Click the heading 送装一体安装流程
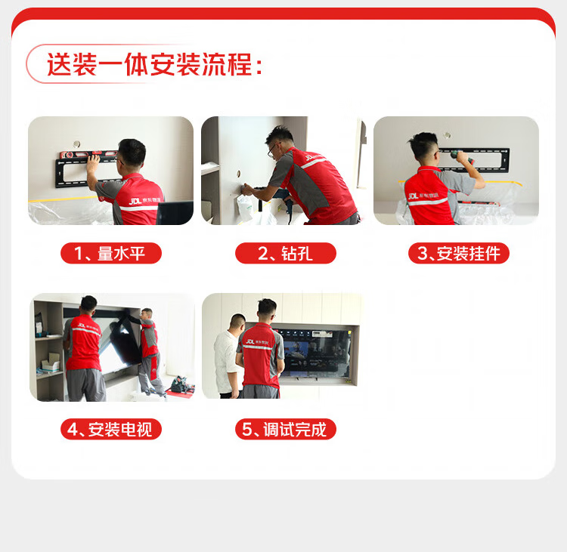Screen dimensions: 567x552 [150, 64]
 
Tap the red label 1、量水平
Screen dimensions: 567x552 [111, 253]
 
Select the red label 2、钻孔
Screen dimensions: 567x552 [286, 253]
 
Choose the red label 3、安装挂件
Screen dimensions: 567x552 [459, 253]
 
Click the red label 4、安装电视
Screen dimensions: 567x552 [111, 429]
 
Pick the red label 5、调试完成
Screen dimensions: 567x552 [286, 429]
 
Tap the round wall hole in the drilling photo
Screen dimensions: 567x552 [239, 174]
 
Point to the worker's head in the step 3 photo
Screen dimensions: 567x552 [424, 146]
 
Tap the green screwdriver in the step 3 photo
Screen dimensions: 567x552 [462, 157]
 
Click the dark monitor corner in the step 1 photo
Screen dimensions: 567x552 [175, 212]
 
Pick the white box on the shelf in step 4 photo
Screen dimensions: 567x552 [50, 364]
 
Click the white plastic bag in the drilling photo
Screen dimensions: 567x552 [245, 208]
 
